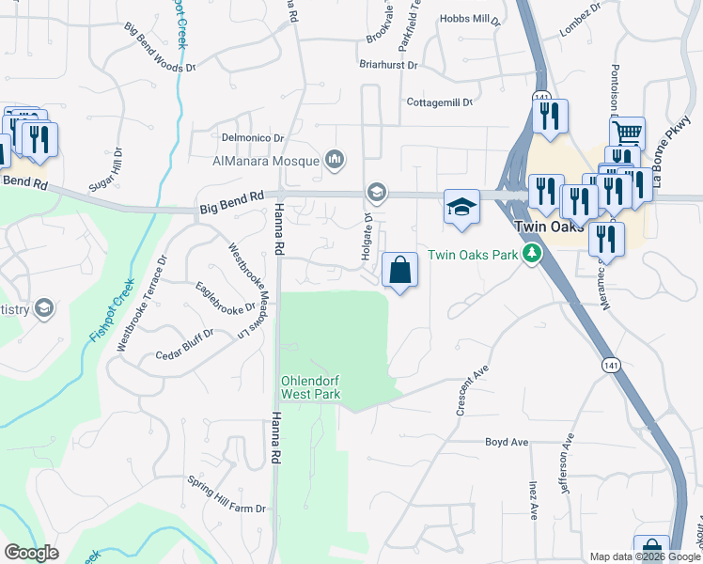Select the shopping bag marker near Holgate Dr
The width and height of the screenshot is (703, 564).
click(400, 271)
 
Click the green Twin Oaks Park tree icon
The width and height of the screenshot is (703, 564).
click(532, 255)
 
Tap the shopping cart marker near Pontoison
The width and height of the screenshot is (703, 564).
click(627, 133)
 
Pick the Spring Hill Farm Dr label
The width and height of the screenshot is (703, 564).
click(227, 509)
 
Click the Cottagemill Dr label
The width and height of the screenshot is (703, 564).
click(439, 102)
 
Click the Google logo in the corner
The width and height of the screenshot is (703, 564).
click(31, 553)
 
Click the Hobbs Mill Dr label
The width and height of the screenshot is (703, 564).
click(471, 19)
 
